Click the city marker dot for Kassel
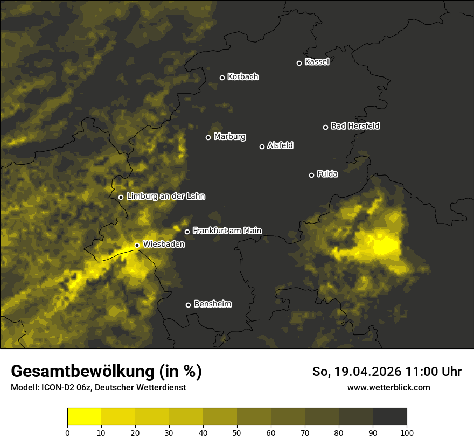tap(299, 63)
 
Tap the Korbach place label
tap(243, 77)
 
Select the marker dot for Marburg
tap(208, 137)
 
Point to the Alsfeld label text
tap(280, 145)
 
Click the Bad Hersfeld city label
tap(355, 126)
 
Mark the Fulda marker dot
tap(311, 175)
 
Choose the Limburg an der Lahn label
tap(165, 197)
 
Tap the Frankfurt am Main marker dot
tap(187, 232)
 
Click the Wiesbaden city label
tap(164, 245)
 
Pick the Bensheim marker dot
tap(188, 305)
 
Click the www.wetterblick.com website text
tap(388, 387)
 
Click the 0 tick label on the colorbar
tap(67, 432)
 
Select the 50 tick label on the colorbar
tap(237, 432)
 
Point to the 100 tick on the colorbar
tap(407, 432)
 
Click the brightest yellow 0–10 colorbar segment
tap(85, 417)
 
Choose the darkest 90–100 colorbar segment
tap(389, 417)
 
